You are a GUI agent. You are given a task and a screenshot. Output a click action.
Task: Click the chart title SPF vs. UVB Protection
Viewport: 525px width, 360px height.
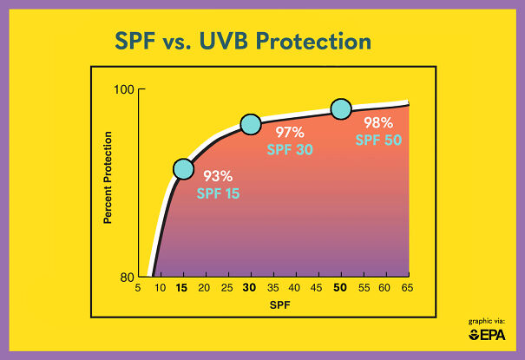(x=244, y=42)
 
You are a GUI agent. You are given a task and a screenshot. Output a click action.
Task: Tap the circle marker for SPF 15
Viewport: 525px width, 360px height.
(x=183, y=168)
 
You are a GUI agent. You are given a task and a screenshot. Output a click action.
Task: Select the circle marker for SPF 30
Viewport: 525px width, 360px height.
(x=250, y=124)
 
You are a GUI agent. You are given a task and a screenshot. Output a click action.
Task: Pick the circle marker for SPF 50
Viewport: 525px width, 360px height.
(x=341, y=109)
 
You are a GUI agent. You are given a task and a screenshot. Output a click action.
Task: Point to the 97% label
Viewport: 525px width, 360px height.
(x=290, y=133)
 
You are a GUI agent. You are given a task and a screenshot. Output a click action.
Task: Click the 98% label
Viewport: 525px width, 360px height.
(x=378, y=123)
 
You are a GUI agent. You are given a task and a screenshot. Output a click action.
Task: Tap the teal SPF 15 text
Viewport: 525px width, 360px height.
(x=219, y=193)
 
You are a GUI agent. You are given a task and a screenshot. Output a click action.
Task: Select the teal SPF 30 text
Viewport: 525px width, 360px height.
(x=291, y=149)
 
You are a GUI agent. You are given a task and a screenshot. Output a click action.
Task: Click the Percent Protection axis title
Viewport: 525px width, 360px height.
(x=108, y=178)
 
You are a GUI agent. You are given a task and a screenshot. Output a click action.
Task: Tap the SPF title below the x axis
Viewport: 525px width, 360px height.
(x=272, y=305)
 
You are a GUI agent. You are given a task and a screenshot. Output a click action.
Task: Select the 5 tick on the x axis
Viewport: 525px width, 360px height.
(x=137, y=288)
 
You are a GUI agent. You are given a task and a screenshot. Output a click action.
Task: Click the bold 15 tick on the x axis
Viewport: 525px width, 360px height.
(x=182, y=288)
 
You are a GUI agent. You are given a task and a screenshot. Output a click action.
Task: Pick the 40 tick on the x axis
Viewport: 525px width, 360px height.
(x=295, y=288)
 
